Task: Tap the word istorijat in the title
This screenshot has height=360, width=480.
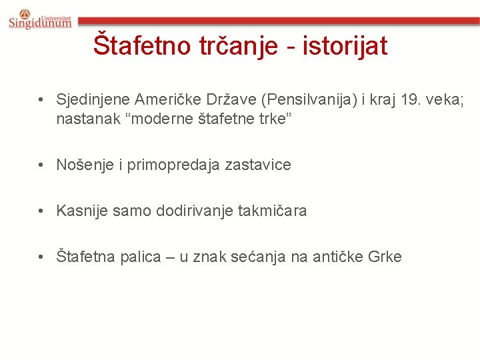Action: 345,45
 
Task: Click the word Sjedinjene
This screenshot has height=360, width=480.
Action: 93,101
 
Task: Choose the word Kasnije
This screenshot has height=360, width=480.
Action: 82,211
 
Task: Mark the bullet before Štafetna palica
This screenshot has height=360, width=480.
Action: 42,257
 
